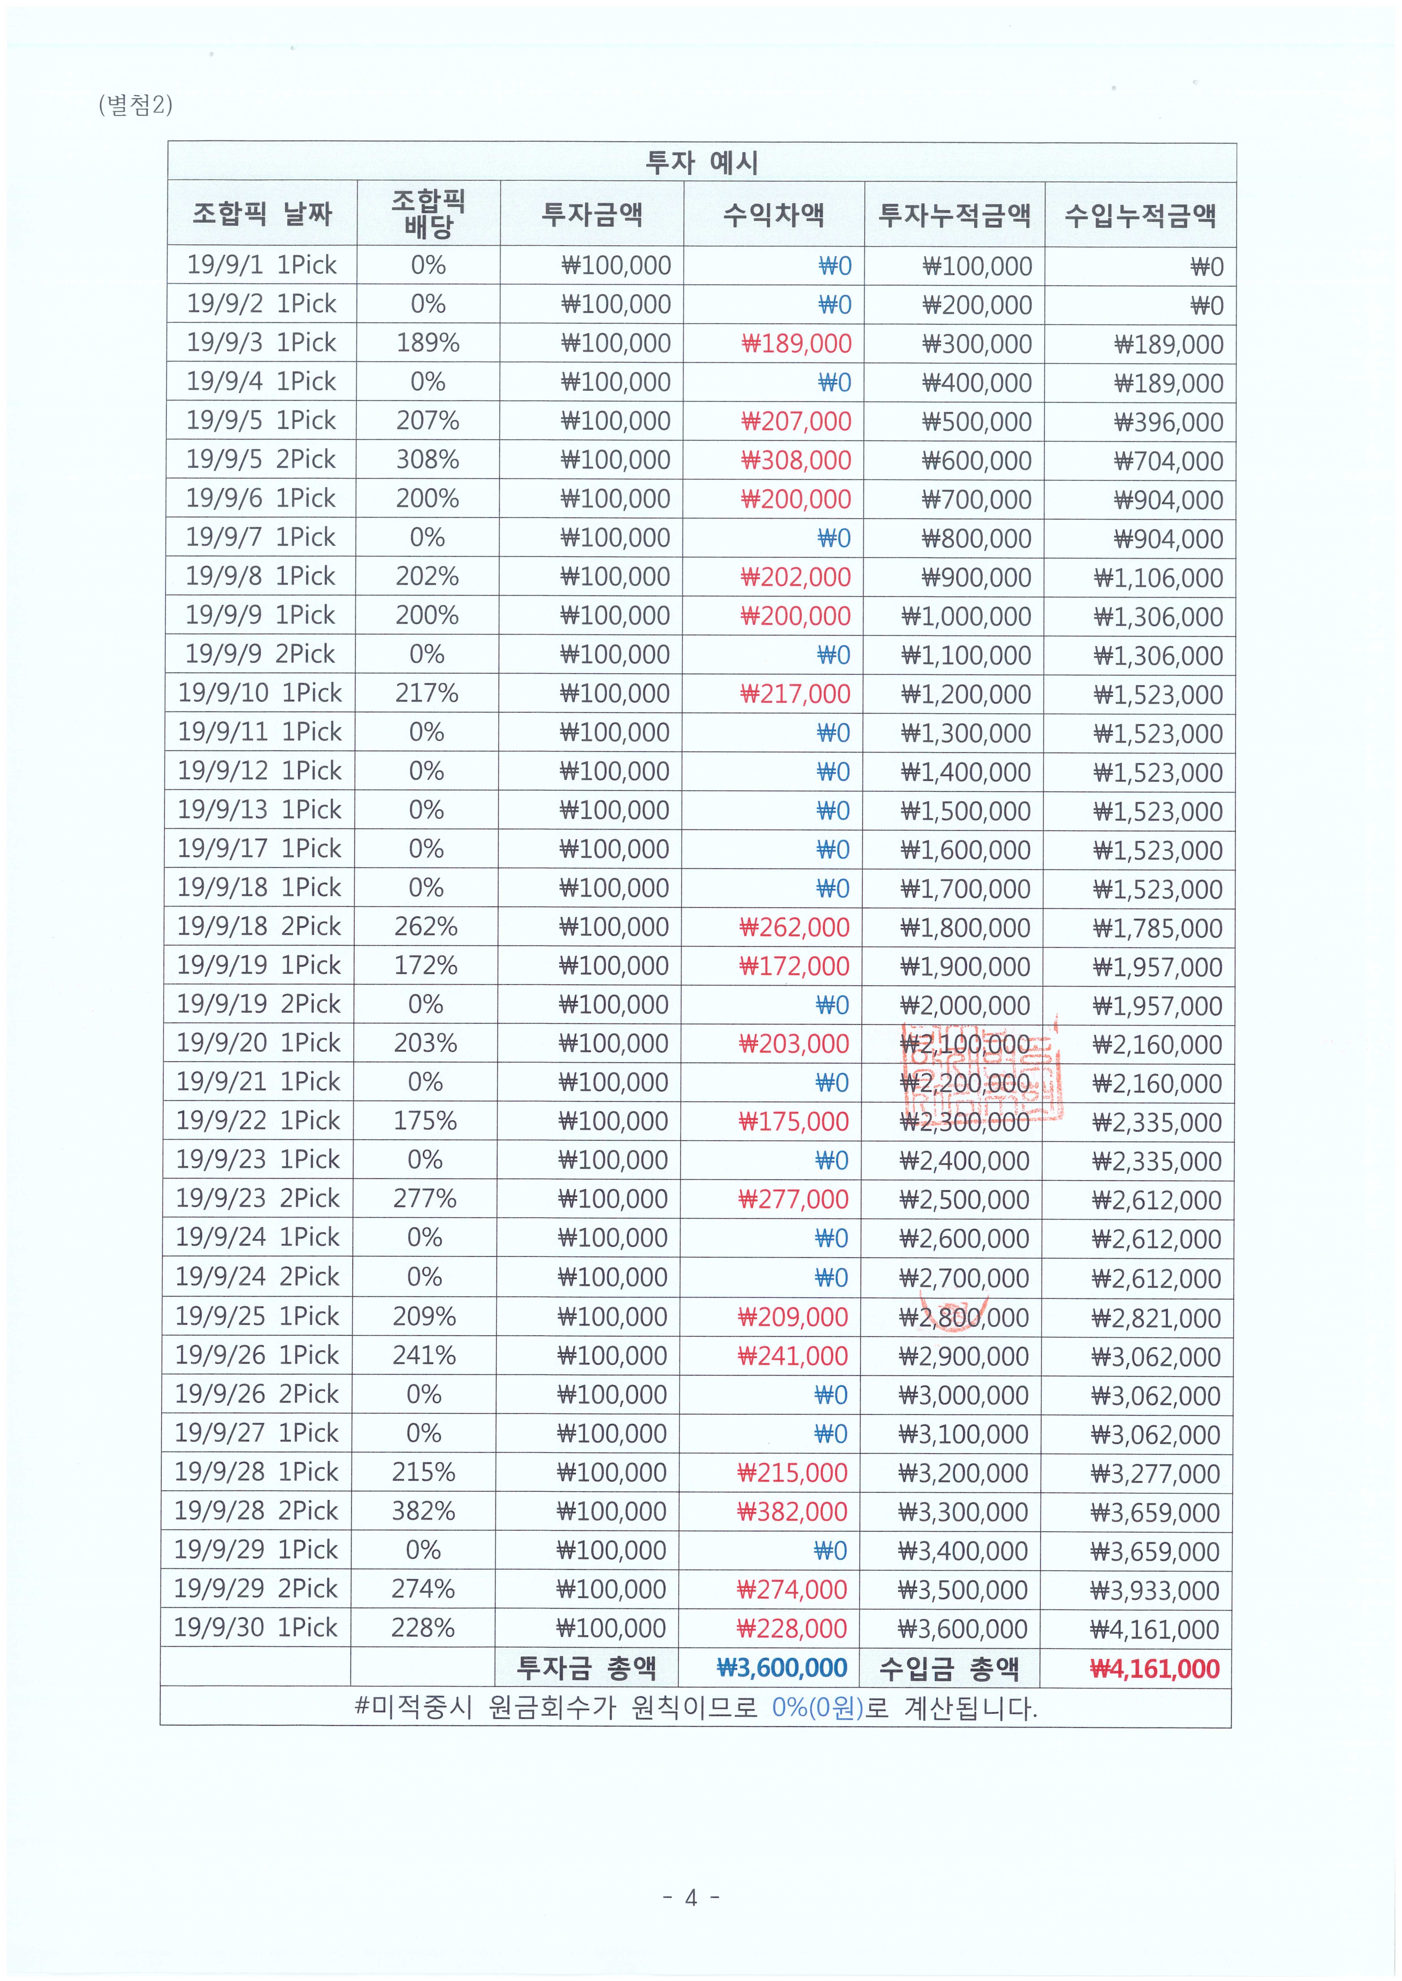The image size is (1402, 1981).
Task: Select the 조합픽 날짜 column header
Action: pos(261,213)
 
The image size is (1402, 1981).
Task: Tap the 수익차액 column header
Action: pos(774,214)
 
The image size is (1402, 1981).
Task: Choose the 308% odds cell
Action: pos(427,459)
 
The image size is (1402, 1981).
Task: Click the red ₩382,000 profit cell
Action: pos(792,1511)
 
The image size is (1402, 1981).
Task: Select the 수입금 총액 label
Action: pos(949,1668)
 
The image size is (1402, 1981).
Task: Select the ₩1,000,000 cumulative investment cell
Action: pos(966,616)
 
